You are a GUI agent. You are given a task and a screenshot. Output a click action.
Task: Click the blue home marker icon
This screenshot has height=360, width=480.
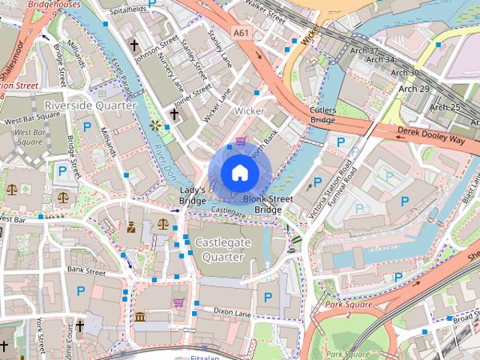coord(239,173)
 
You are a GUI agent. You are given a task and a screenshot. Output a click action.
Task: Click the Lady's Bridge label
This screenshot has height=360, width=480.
coord(192,196)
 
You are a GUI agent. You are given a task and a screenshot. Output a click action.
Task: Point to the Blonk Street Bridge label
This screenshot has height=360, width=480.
coord(268,204)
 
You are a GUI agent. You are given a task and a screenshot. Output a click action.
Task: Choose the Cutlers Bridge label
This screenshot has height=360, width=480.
coord(322,114)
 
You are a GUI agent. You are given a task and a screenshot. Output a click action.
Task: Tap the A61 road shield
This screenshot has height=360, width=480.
coord(241,33)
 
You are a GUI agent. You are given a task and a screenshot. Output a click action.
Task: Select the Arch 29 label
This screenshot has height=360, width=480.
coord(414,89)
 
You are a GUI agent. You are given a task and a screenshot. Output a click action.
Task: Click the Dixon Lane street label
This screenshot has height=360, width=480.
coord(232,310)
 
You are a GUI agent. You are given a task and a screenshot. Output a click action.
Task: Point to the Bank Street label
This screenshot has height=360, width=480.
coord(86,270)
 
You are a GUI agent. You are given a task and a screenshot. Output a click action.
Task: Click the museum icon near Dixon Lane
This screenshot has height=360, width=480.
coord(140,317)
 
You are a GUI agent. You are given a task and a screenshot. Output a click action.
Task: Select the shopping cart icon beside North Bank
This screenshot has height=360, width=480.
coord(241,141)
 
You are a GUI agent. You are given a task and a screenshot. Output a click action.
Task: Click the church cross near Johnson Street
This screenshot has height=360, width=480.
coord(134,46)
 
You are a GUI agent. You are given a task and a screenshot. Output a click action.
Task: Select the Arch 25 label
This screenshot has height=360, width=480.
coord(444,107)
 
